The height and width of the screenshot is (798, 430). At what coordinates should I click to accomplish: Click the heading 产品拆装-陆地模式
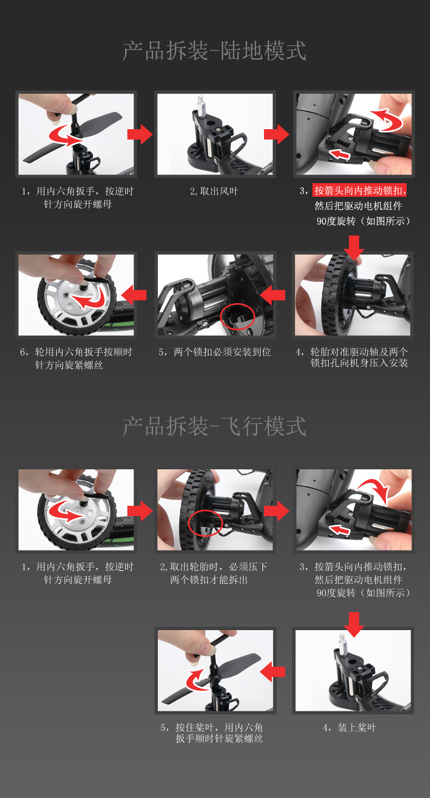point(214,51)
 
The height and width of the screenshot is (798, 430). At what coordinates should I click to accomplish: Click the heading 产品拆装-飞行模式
point(214,426)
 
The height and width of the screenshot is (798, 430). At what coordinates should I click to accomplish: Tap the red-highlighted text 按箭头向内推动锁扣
point(360,191)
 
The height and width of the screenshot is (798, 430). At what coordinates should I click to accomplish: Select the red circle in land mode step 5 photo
point(237,316)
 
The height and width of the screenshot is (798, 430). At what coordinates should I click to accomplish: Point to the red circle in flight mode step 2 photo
point(205,524)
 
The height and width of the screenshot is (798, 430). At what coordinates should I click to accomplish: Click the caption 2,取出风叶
point(214,191)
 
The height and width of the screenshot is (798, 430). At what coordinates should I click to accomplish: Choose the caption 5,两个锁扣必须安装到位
point(214,352)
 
